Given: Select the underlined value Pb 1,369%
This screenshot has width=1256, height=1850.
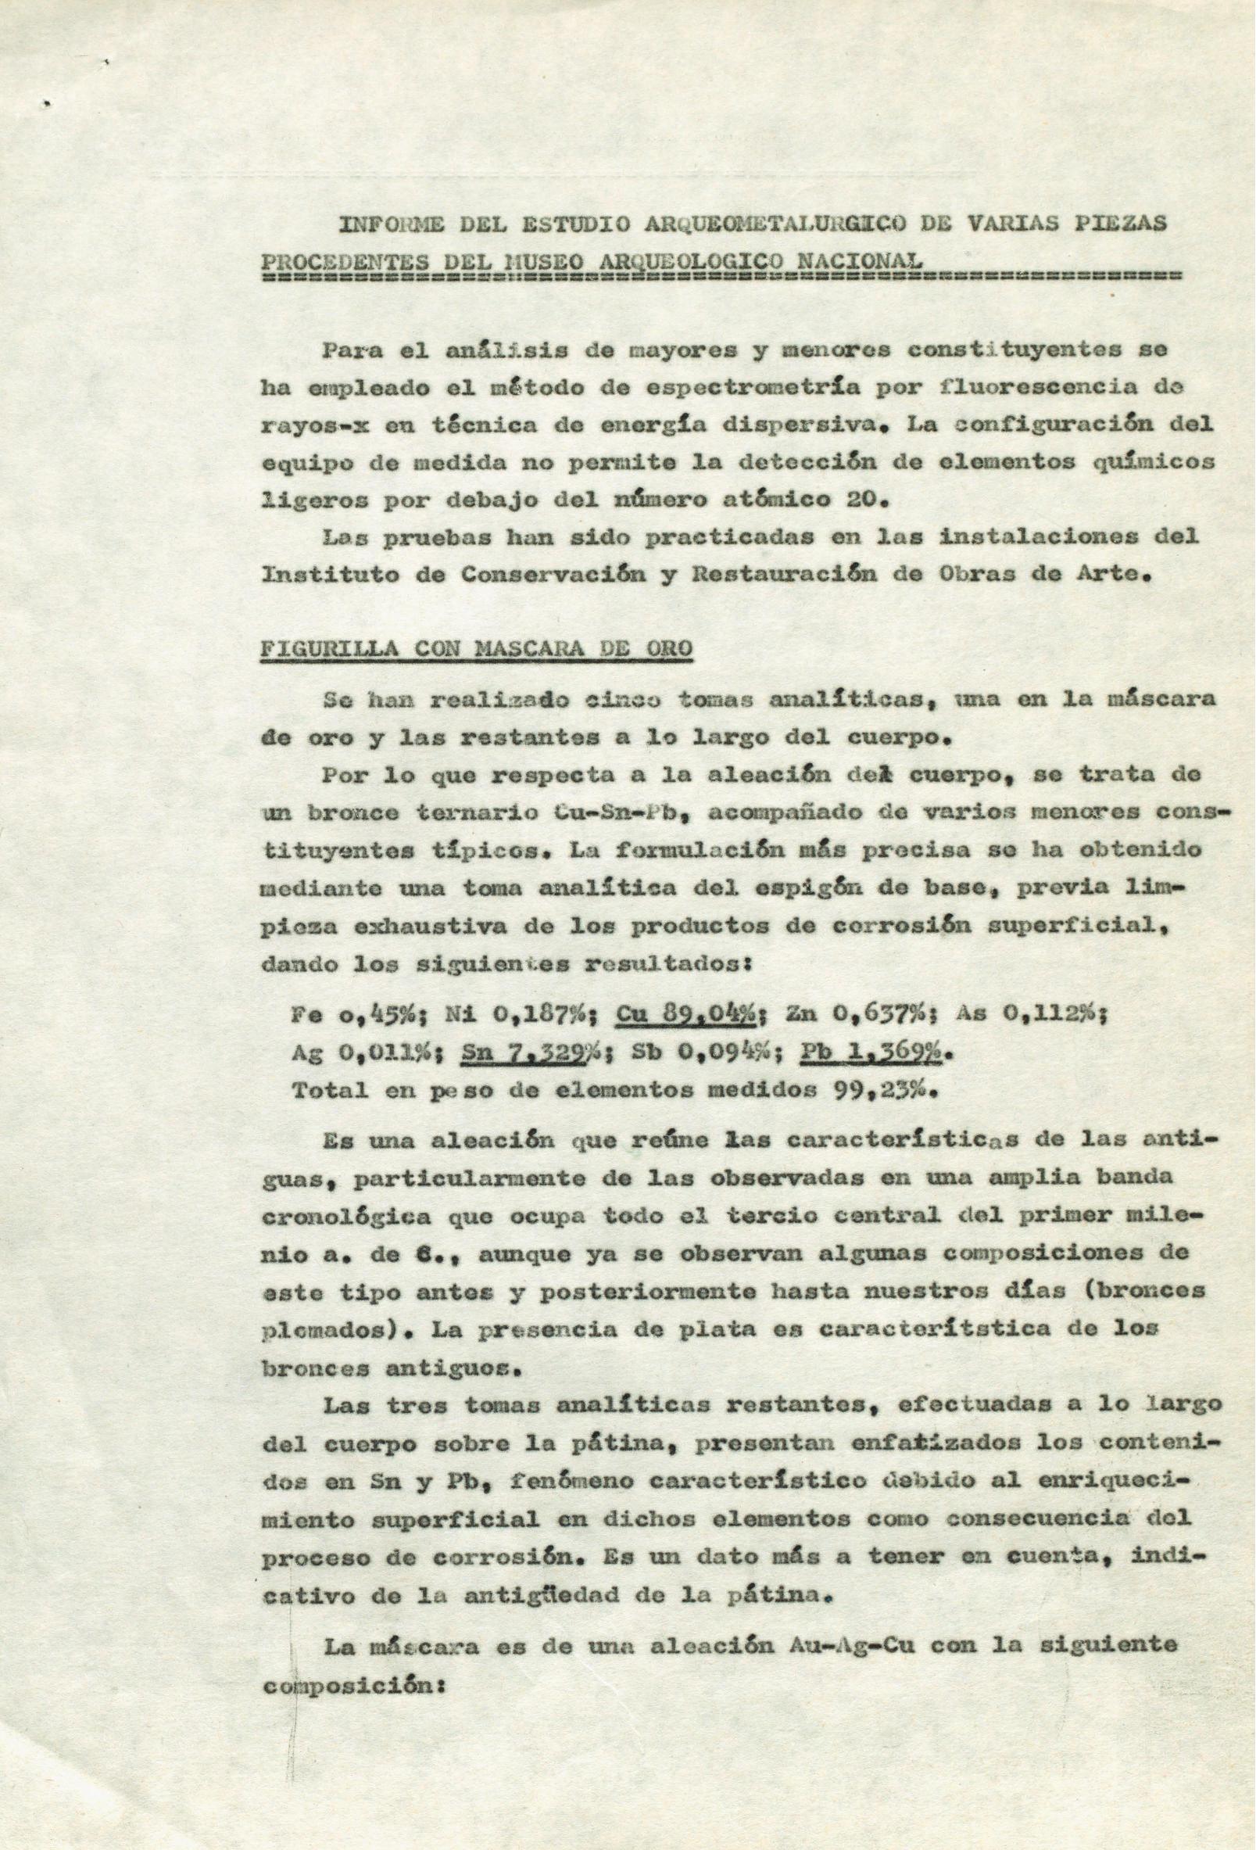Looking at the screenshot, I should point(871,1052).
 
